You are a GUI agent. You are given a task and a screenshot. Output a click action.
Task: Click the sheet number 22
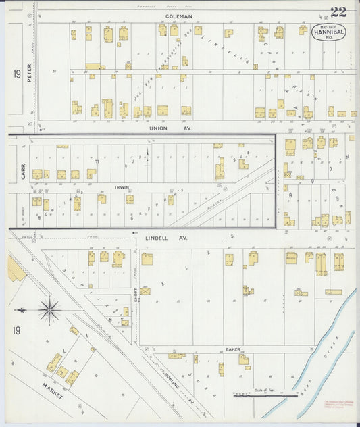(338, 11)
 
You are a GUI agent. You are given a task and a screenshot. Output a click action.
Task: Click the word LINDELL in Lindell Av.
(157, 238)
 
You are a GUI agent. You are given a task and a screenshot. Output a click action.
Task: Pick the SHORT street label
(135, 290)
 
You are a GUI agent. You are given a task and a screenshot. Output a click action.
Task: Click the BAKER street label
(233, 349)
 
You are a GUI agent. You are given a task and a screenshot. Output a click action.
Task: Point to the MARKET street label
(52, 391)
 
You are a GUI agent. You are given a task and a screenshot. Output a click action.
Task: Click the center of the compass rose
(49, 311)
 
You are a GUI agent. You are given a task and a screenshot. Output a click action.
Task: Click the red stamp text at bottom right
(338, 405)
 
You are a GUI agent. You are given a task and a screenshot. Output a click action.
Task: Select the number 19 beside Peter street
(16, 73)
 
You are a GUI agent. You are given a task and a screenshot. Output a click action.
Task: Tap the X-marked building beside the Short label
(145, 291)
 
